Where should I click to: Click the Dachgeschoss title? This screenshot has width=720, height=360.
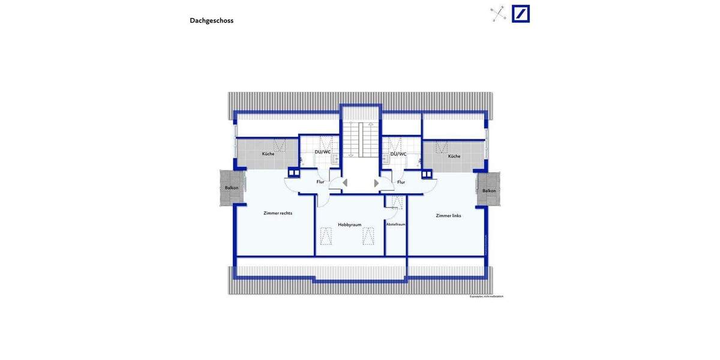click(211, 20)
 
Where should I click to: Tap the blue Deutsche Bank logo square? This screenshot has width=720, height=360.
click(521, 14)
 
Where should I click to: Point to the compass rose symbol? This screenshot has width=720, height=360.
click(499, 14)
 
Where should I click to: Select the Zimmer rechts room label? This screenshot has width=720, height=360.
click(278, 213)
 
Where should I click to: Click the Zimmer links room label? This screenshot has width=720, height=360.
click(448, 215)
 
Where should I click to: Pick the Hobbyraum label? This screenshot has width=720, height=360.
click(350, 224)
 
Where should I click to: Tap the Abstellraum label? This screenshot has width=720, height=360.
click(395, 224)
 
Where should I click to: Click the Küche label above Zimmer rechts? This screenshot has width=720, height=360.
click(268, 154)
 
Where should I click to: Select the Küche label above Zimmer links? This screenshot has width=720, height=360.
click(454, 156)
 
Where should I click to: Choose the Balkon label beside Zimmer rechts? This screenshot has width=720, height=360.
click(232, 188)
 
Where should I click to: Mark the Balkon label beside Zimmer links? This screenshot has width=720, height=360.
click(489, 191)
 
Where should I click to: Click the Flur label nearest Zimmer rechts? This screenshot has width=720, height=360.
click(320, 182)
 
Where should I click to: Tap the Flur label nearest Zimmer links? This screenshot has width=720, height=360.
click(401, 182)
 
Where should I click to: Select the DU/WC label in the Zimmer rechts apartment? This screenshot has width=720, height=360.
click(323, 152)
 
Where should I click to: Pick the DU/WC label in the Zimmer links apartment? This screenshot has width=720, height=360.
click(398, 154)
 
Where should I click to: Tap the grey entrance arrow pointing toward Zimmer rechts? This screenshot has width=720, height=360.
click(344, 183)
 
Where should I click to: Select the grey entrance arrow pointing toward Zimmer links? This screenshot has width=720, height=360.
click(377, 183)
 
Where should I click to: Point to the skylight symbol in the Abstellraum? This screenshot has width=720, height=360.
click(397, 202)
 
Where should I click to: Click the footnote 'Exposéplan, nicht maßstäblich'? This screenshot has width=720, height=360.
click(486, 296)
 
